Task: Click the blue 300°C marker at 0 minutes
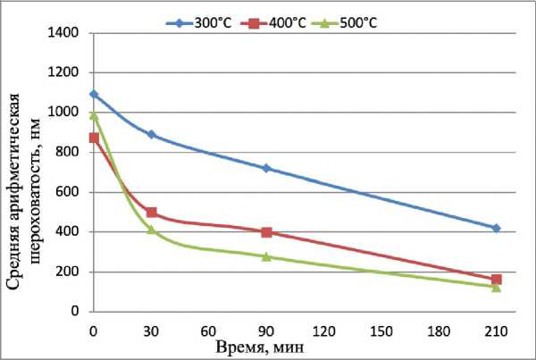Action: pyautogui.click(x=94, y=94)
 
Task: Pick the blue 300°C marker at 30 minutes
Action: pyautogui.click(x=152, y=134)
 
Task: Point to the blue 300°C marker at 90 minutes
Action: pyautogui.click(x=266, y=168)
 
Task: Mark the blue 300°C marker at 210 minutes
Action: pyautogui.click(x=497, y=228)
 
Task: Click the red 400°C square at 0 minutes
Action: pyautogui.click(x=94, y=138)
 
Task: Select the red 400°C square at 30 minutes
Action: pyautogui.click(x=152, y=213)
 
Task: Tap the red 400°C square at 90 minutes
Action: pyautogui.click(x=266, y=232)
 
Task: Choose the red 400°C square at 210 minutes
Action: pyautogui.click(x=497, y=280)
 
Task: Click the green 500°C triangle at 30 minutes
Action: pyautogui.click(x=152, y=229)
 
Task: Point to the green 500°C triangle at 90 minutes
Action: pyautogui.click(x=266, y=256)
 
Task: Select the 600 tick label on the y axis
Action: pyautogui.click(x=71, y=192)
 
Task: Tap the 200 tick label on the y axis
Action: pyautogui.click(x=71, y=272)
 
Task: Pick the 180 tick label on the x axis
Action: pyautogui.click(x=440, y=331)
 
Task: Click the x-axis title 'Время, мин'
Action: pyautogui.click(x=264, y=346)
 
